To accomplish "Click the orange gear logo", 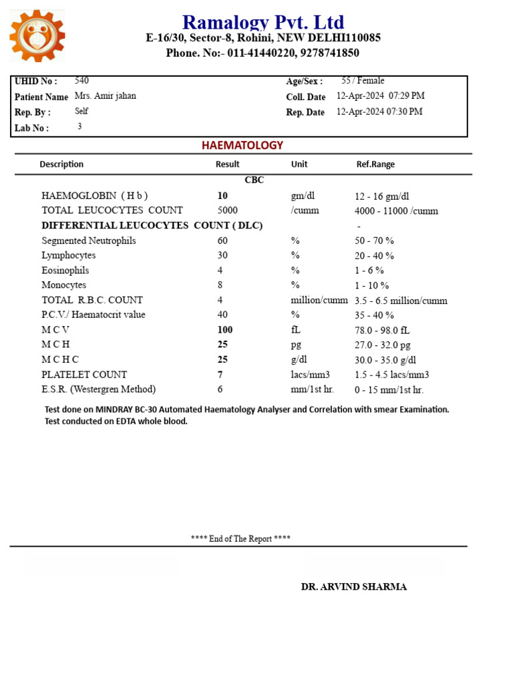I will pos(37,36).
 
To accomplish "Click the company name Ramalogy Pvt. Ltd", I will pos(263,23).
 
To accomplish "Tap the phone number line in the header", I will pos(263,53).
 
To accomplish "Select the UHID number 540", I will pos(81,81).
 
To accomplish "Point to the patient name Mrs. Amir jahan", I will pos(105,96).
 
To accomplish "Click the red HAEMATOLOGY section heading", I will pos(242,145).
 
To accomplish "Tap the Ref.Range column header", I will pos(375,164).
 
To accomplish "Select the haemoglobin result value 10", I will pos(222,196).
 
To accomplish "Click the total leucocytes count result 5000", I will pos(227,210).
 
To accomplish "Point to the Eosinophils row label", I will pos(65,271).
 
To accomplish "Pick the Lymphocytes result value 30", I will pos(222,255).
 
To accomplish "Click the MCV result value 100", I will pos(225,330).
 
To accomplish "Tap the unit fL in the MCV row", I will pos(296,330).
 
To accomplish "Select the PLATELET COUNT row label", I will pos(84,375).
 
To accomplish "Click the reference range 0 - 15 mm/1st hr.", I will pos(389,390).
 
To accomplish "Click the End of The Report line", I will pos(240,538).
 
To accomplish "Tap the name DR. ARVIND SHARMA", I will pos(353,587).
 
